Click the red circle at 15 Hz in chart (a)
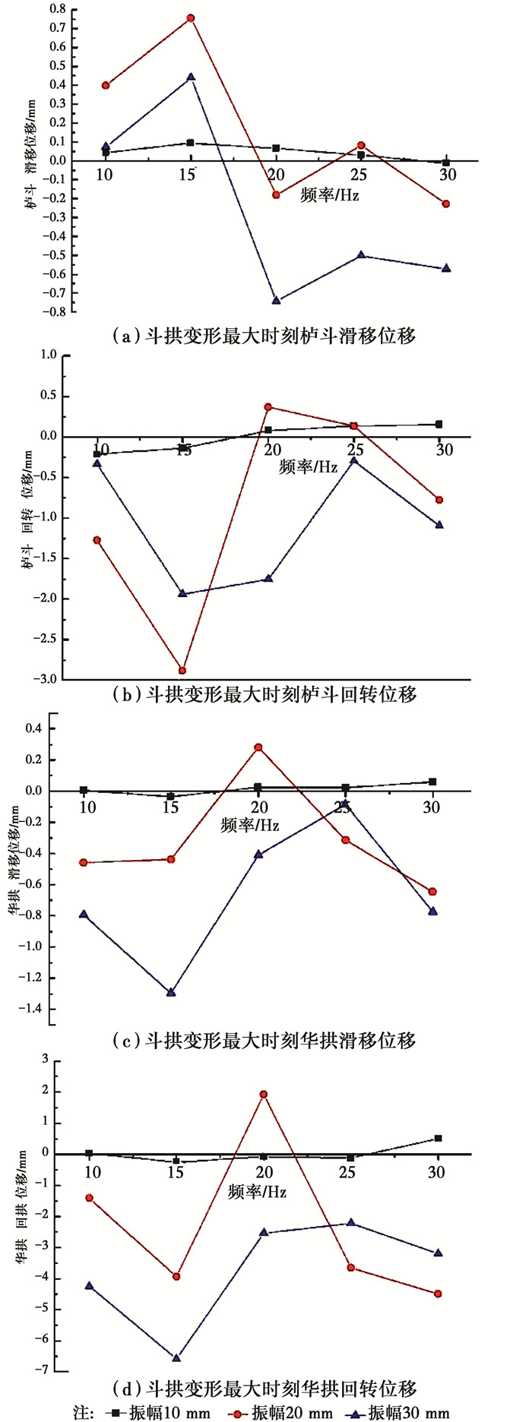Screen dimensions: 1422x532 (x=191, y=18)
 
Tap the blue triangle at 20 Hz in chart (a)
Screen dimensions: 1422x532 (x=277, y=301)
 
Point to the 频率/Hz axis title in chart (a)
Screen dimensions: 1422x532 (x=330, y=194)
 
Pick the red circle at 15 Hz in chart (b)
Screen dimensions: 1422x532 (x=182, y=671)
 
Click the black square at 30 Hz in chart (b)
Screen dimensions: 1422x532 (x=439, y=425)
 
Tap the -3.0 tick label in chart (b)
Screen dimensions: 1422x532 (x=48, y=679)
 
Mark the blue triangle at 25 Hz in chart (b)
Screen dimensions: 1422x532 (x=354, y=460)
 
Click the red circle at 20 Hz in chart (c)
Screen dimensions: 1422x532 (x=258, y=747)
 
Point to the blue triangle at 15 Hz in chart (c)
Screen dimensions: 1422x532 (x=171, y=992)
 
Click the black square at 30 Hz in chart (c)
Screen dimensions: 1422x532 (x=432, y=782)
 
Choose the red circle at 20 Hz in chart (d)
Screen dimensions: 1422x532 (x=264, y=1095)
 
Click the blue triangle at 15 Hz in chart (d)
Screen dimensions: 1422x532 (x=176, y=1357)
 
